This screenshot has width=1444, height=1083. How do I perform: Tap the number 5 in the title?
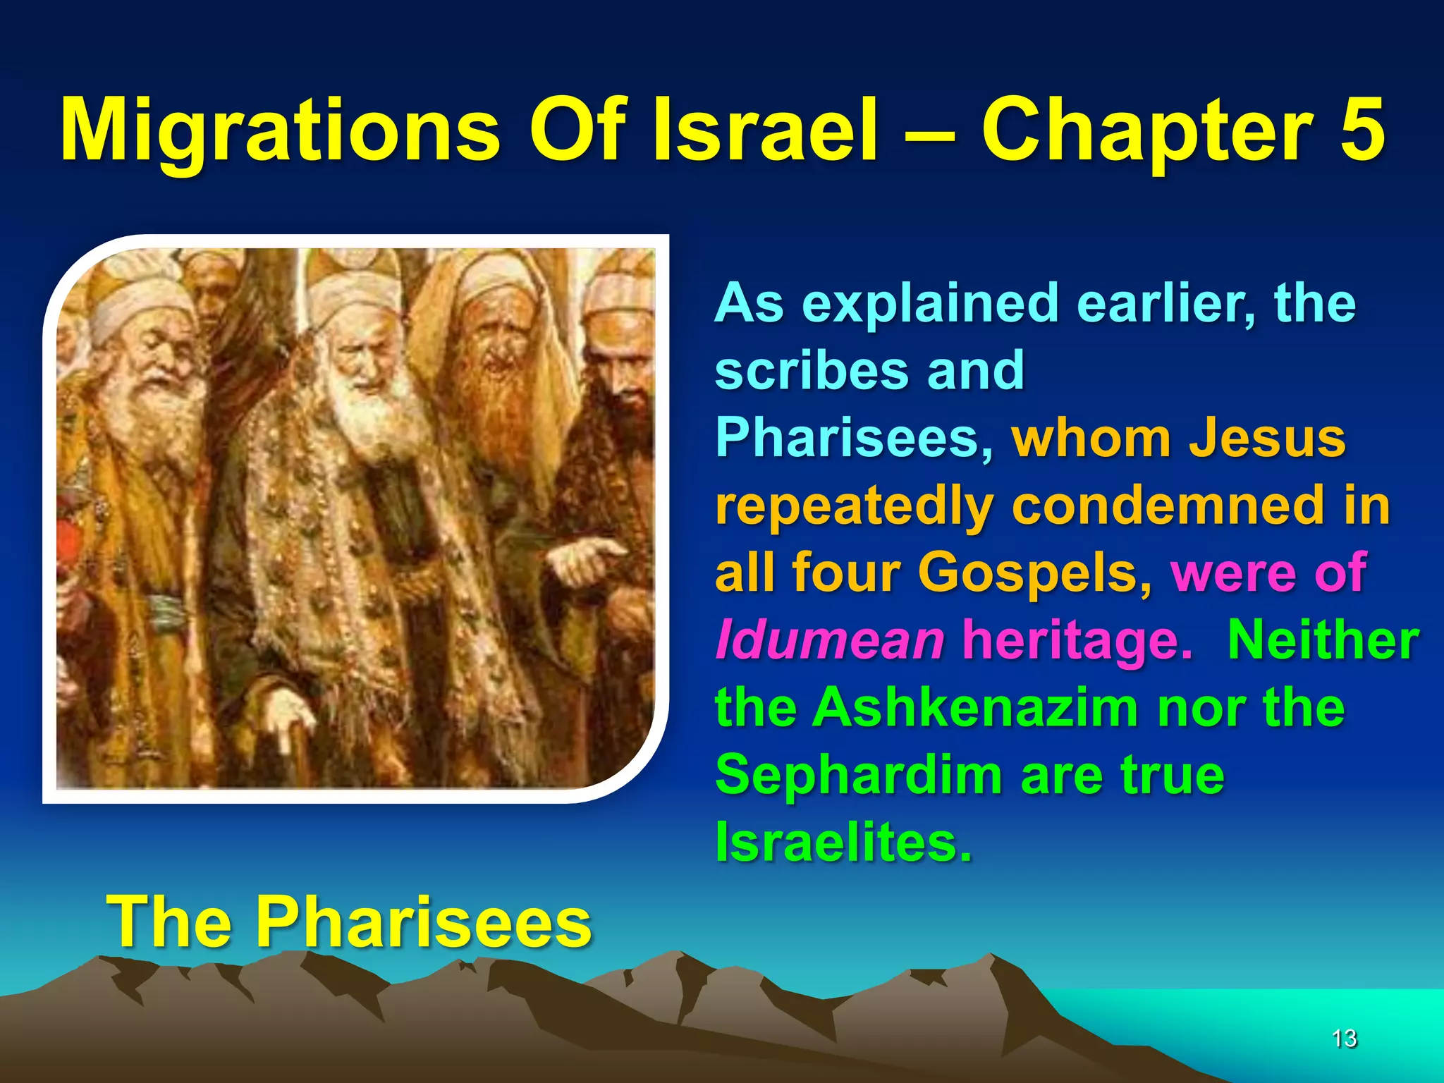tap(1362, 130)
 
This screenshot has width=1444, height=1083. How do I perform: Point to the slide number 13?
tap(1344, 1038)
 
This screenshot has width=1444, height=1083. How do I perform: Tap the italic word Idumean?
tap(829, 640)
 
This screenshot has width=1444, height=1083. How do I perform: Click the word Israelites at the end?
tap(843, 842)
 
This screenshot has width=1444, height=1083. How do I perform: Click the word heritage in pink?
tap(1075, 640)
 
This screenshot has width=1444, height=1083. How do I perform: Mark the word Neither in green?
tap(1323, 640)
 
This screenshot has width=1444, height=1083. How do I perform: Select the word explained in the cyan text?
tap(931, 303)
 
